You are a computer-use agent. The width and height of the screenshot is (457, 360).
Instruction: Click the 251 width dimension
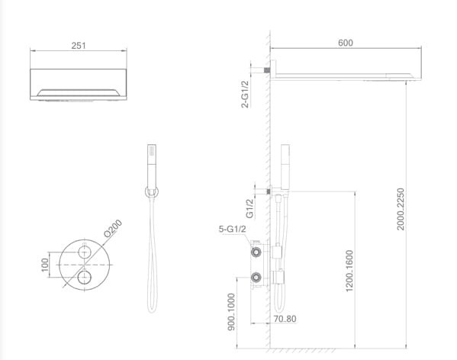79,45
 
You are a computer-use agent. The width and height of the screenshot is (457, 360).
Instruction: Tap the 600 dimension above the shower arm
345,43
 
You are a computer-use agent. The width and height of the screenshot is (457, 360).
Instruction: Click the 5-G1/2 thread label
231,227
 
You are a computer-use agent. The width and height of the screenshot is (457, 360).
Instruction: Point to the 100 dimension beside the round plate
44,264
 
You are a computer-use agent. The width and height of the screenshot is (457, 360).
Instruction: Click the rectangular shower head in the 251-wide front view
79,85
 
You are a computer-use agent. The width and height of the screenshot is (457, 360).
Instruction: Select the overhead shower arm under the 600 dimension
343,74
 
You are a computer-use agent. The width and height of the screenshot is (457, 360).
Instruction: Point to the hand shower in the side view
288,164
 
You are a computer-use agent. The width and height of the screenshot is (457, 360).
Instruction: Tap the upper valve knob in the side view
257,250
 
